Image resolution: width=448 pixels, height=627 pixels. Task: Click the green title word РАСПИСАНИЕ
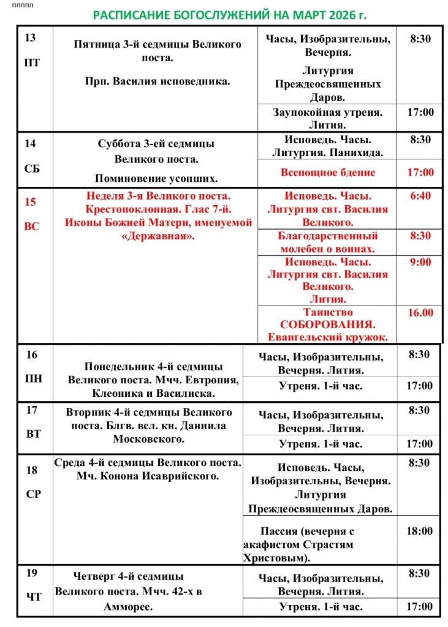[127, 14]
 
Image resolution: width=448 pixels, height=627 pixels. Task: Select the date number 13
[30, 38]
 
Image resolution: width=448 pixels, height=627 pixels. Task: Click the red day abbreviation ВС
[31, 226]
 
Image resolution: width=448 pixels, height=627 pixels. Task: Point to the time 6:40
[420, 196]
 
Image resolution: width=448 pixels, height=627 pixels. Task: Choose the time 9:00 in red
[420, 262]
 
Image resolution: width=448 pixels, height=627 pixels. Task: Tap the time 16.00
[420, 312]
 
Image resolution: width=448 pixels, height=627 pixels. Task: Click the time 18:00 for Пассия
[419, 531]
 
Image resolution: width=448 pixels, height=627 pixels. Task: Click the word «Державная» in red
[158, 236]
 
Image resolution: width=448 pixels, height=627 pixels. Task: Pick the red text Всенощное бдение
[327, 172]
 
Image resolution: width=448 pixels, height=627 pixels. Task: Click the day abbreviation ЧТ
[34, 596]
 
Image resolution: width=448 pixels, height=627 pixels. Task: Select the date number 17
[31, 410]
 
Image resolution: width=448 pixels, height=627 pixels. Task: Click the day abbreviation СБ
[32, 168]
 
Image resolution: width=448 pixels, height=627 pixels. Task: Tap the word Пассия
[281, 531]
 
